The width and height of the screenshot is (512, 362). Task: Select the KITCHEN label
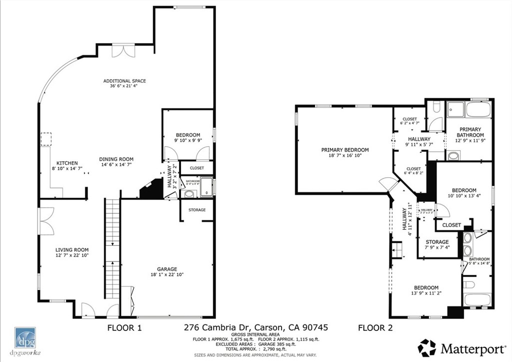point(66,163)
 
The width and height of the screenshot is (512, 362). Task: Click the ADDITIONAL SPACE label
point(124,81)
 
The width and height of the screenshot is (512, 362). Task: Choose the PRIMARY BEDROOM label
point(344,150)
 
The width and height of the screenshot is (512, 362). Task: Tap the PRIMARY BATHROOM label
point(470,132)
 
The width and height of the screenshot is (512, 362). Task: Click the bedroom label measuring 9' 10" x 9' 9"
point(187,135)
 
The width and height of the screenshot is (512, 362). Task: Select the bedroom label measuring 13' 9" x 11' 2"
point(425,287)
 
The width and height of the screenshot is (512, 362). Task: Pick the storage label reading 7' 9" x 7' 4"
point(437,242)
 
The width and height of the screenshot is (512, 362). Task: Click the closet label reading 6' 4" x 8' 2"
point(413,169)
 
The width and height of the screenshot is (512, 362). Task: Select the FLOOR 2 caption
point(375,328)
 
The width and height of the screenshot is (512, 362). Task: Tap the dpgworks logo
point(24,340)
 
